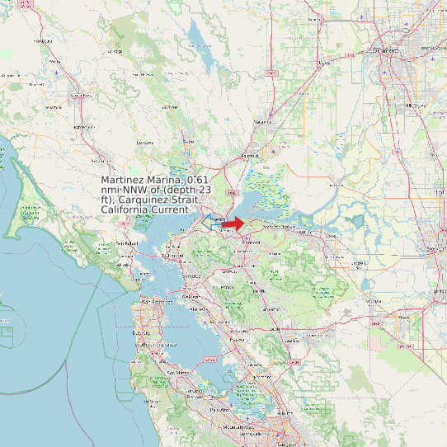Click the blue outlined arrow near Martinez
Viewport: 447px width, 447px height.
click(x=212, y=219)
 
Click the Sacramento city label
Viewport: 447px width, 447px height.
click(x=388, y=50)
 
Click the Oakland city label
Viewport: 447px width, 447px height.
click(x=192, y=295)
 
